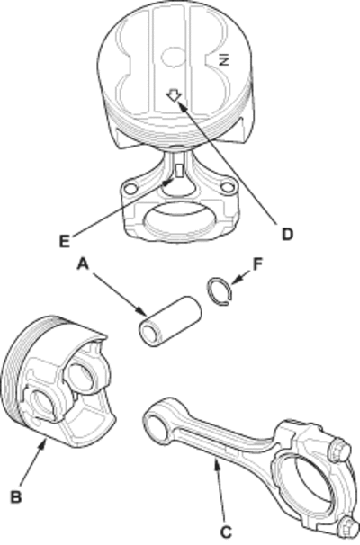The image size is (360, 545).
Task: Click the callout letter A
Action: pos(83,264)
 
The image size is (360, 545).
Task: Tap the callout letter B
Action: pos(16,496)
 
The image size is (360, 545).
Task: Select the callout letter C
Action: pos(227,532)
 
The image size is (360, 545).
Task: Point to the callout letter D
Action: pos(287,235)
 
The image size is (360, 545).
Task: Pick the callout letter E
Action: pos(64,241)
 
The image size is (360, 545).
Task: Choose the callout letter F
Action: pos(257,264)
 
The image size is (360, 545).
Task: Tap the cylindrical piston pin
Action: pos(170,321)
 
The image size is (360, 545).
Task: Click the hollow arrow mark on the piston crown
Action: pos(174,95)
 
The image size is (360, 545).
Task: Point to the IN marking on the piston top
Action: pos(225,60)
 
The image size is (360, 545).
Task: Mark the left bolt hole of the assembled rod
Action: pos(130,189)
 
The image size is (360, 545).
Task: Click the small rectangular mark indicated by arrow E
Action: pos(179,170)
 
